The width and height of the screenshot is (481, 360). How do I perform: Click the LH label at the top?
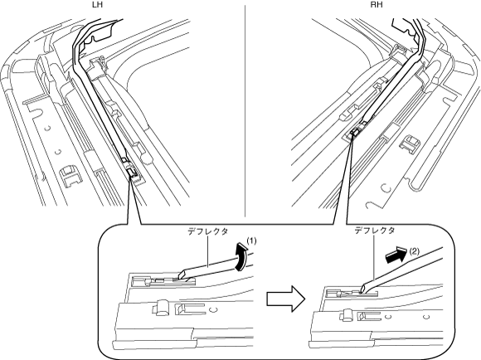pyautogui.click(x=97, y=5)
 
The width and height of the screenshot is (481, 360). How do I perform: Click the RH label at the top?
pyautogui.click(x=377, y=5)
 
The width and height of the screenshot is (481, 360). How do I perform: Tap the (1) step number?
pyautogui.click(x=251, y=241)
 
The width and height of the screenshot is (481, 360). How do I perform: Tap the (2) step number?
pyautogui.click(x=414, y=251)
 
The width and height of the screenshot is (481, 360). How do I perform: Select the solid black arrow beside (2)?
pyautogui.click(x=396, y=255)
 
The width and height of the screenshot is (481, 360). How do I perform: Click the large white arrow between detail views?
pyautogui.click(x=285, y=299)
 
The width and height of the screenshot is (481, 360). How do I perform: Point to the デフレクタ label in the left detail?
pyautogui.click(x=208, y=231)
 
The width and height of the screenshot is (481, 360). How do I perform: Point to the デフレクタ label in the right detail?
pyautogui.click(x=374, y=231)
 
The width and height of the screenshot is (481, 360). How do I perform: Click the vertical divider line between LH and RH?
pyautogui.click(x=245, y=111)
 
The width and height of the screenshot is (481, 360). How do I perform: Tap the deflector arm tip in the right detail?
pyautogui.click(x=363, y=288)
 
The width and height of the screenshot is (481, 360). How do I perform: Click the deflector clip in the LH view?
pyautogui.click(x=132, y=173)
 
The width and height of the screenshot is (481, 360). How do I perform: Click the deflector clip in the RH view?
pyautogui.click(x=354, y=132)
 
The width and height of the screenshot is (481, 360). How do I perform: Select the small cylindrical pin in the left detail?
pyautogui.click(x=160, y=308)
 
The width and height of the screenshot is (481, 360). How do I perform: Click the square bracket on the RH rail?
pyautogui.click(x=411, y=144)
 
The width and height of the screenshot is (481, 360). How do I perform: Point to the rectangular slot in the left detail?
pyautogui.click(x=189, y=309)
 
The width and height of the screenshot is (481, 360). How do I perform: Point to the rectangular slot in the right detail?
pyautogui.click(x=370, y=315)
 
